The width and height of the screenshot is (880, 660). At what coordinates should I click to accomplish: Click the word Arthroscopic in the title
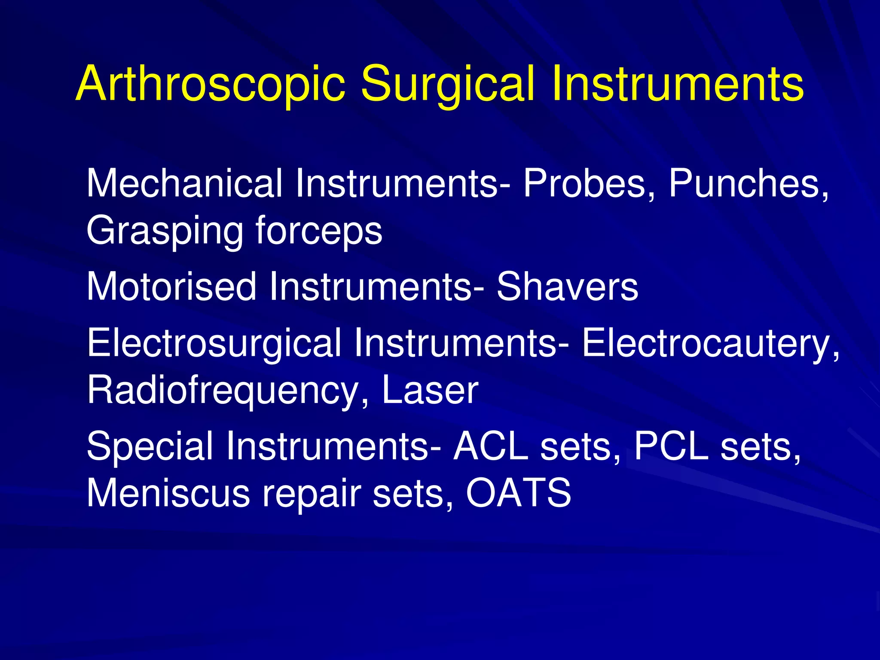point(211,84)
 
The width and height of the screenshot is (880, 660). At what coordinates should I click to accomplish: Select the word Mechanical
point(185,183)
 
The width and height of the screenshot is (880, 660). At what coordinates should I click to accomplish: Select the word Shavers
point(567,287)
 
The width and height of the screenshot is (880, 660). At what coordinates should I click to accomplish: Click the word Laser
point(430,390)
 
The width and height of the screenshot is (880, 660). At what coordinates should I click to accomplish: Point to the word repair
point(312,494)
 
